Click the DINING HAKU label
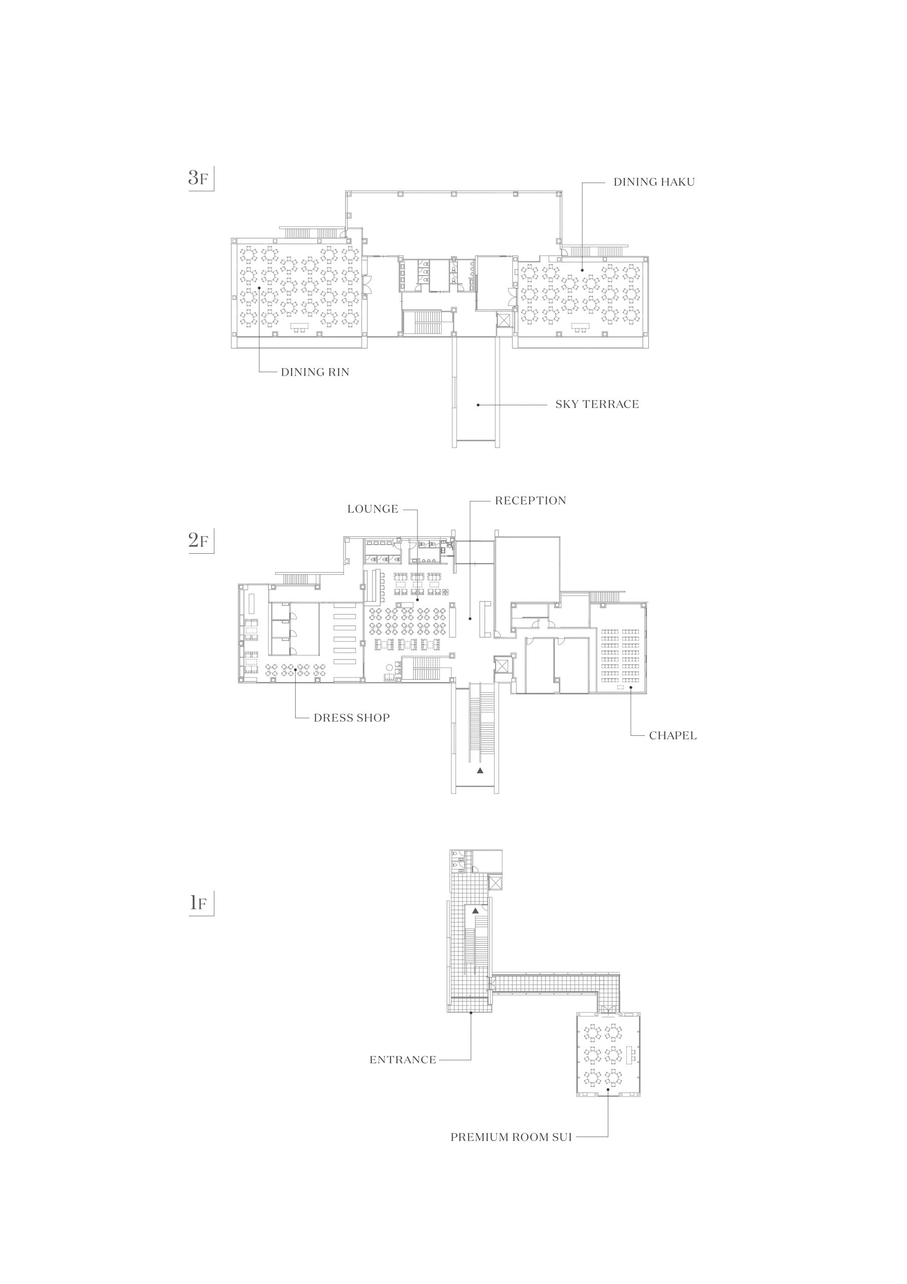(x=654, y=182)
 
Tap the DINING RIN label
(x=315, y=372)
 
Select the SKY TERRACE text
(x=597, y=404)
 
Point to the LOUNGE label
(x=373, y=509)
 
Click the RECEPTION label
(x=530, y=501)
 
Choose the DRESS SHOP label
(x=351, y=718)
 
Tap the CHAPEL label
(x=673, y=735)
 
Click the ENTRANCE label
(x=403, y=1060)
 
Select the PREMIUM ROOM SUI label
(x=511, y=1137)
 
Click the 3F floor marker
(x=198, y=179)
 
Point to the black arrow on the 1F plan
(x=476, y=910)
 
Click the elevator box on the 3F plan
(x=504, y=320)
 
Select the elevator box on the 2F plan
(x=503, y=666)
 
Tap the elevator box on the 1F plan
(x=495, y=884)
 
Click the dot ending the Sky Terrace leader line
(x=478, y=404)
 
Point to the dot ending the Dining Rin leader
(x=259, y=288)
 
